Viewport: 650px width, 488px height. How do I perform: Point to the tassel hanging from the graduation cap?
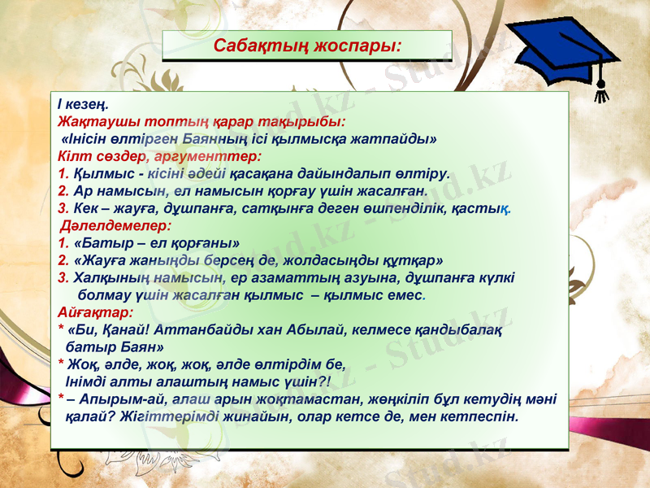602,86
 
